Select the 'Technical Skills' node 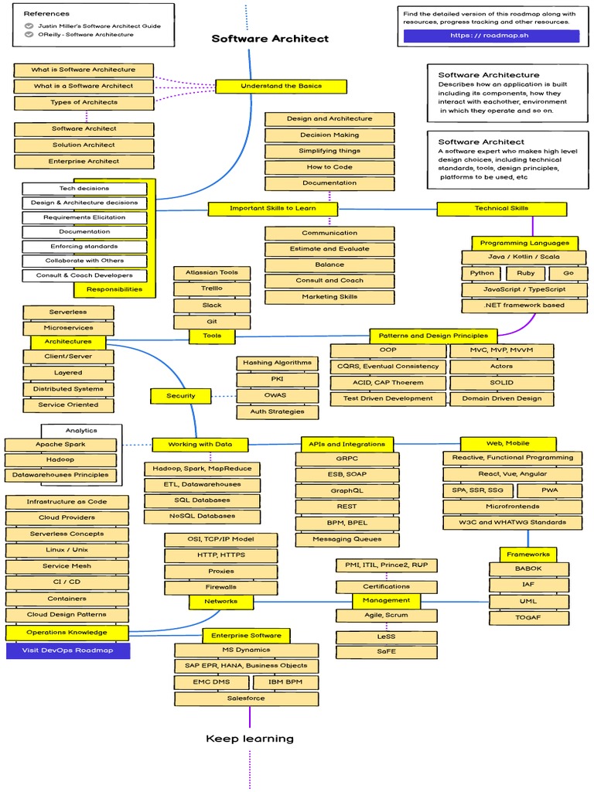click(501, 209)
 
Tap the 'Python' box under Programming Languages click(482, 273)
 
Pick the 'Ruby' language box click(525, 273)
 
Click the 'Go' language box click(568, 273)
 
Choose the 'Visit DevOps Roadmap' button click(68, 650)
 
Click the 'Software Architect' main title click(270, 39)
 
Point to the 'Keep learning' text click(250, 739)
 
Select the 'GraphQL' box click(346, 491)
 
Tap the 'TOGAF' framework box click(528, 618)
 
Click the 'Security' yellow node click(181, 396)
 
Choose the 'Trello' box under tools click(212, 289)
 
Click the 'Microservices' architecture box click(68, 328)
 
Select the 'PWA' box click(551, 490)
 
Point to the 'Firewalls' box click(221, 587)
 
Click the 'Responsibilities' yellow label click(114, 289)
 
